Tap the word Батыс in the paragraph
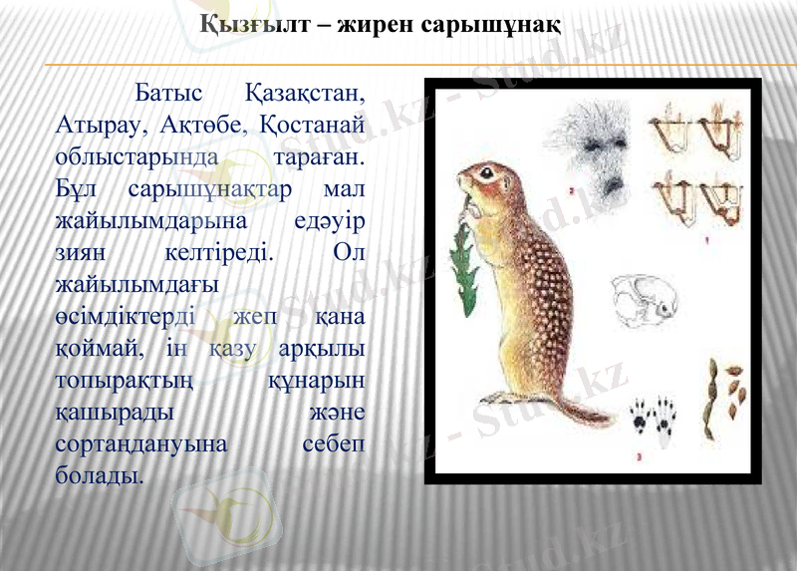168,94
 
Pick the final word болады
100,475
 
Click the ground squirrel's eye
486,173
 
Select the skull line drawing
644,298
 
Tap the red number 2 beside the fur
570,188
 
